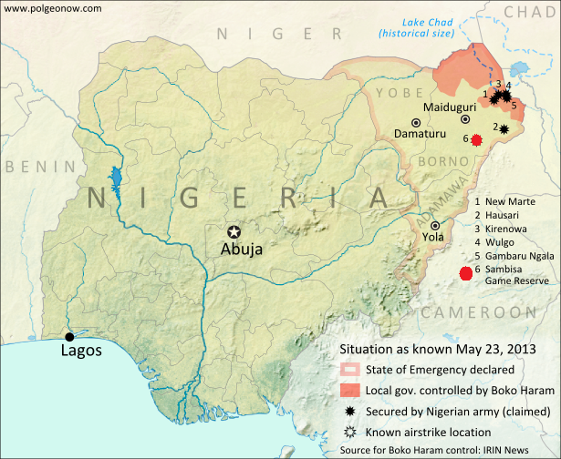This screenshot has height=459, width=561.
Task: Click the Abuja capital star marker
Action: (x=234, y=231)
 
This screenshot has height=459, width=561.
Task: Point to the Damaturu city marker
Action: (x=416, y=122)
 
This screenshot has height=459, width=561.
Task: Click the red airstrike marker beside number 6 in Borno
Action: (x=476, y=138)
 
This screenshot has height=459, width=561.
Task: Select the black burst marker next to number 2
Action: (x=504, y=128)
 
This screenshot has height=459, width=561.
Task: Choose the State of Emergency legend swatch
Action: (x=348, y=370)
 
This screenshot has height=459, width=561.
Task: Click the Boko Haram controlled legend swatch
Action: (x=348, y=390)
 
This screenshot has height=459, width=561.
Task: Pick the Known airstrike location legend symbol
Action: (x=348, y=432)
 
